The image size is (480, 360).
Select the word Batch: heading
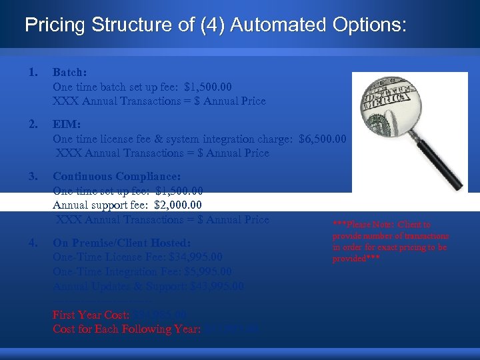tap(69, 72)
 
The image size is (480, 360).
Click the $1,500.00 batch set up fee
tap(208, 87)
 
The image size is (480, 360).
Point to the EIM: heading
tap(66, 125)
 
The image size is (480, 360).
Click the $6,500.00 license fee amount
tap(323, 139)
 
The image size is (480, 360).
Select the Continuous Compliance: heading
tap(116, 177)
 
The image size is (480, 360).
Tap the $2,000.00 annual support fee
tap(178, 205)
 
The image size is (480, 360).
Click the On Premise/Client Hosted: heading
tap(121, 243)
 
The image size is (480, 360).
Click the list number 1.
tap(33, 72)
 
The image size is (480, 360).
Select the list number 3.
tap(33, 177)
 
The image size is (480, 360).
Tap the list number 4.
tap(33, 243)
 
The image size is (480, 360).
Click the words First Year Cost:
tap(91, 315)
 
